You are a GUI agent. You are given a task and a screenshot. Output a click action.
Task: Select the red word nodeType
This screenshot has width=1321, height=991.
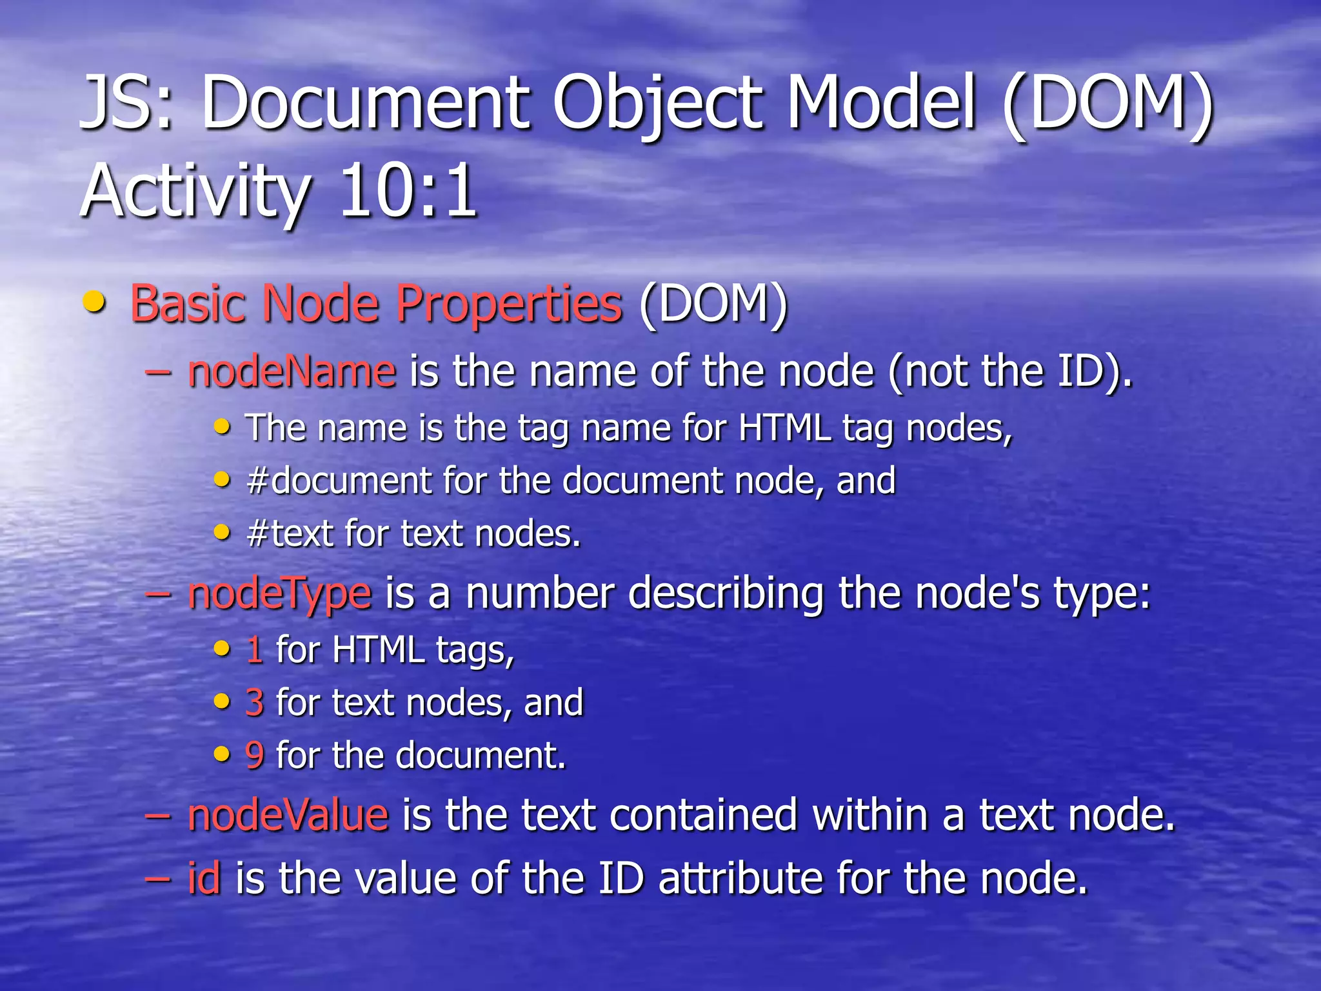pos(279,594)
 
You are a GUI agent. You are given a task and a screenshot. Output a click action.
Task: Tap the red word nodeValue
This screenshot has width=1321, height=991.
pos(288,815)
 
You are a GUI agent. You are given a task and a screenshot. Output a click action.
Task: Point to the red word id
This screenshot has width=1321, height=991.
pos(204,878)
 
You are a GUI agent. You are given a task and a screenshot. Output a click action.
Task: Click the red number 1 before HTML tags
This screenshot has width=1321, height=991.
pos(255,650)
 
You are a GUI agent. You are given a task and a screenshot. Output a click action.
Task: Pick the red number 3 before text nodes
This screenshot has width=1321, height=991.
pos(255,703)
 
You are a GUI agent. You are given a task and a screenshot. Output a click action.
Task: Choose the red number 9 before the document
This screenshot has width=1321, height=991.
pos(255,756)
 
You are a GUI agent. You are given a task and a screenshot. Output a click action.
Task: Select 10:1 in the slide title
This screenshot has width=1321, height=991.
pos(408,191)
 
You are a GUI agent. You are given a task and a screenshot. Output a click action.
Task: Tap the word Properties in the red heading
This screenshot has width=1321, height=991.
pos(509,304)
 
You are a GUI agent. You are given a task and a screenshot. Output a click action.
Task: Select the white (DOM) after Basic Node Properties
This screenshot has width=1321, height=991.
pos(713,304)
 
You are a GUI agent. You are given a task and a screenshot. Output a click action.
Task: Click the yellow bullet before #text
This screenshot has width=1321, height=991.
pos(222,533)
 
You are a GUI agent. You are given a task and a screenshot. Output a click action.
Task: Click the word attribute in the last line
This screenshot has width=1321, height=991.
pos(740,878)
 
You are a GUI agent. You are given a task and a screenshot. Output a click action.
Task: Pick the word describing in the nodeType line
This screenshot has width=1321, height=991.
pos(726,594)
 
